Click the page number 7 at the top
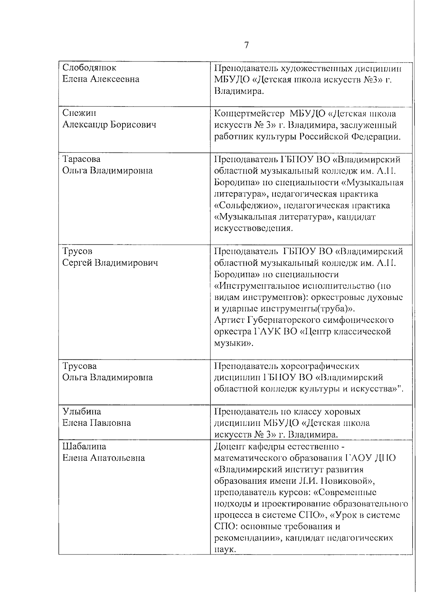point(246,45)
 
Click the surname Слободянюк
point(89,67)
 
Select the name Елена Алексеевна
point(101,79)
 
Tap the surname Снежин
point(79,113)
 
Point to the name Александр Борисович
point(109,125)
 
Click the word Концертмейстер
point(250,114)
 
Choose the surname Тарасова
point(81,159)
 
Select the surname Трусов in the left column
point(77,251)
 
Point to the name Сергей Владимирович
point(110,263)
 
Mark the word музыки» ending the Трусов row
point(234,343)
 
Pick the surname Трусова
point(80,366)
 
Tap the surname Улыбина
point(82,412)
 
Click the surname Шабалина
point(84,446)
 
